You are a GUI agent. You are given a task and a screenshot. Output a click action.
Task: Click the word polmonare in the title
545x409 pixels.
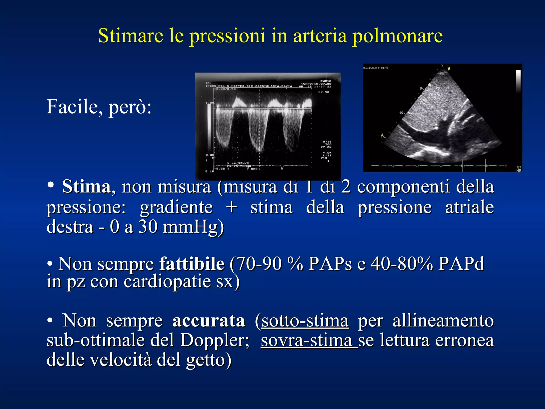[x=398, y=36]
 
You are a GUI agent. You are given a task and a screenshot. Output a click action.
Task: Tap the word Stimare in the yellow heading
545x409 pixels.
[x=130, y=35]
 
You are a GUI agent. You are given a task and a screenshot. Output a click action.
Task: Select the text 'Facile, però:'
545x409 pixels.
[x=99, y=107]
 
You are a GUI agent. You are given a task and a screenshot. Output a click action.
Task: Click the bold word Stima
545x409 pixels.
[x=86, y=187]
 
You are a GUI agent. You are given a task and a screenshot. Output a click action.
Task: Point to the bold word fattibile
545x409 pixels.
[x=192, y=264]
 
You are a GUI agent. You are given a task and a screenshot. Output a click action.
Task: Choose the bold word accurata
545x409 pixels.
[x=208, y=320]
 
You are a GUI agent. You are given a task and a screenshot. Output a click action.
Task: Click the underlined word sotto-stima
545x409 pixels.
[x=305, y=321]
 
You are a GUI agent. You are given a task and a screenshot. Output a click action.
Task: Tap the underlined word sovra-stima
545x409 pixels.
[x=309, y=341]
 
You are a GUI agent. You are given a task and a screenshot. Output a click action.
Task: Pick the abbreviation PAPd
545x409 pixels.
[x=461, y=264]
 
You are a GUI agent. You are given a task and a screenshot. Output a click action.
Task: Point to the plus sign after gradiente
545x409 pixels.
[x=232, y=207]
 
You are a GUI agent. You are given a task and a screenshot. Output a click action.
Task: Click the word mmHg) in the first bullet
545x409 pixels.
[x=193, y=227]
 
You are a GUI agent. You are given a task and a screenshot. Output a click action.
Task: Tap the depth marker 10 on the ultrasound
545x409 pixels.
[x=401, y=113]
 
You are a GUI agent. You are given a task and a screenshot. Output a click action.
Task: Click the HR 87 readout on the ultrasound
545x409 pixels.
[x=519, y=169]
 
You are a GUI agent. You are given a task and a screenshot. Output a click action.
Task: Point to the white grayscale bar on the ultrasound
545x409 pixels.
[x=518, y=81]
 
